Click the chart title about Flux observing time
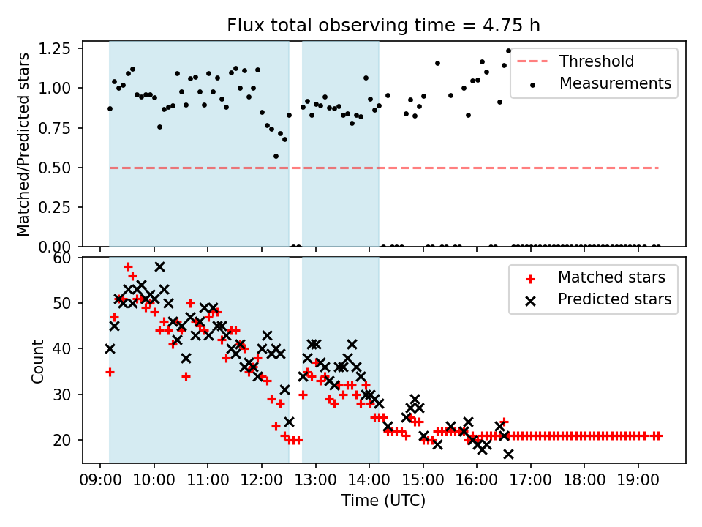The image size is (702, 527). (384, 26)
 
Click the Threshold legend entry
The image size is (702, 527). (597, 61)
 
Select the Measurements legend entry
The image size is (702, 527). (615, 83)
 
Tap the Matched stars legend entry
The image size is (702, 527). (611, 277)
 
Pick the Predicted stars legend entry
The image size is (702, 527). (614, 299)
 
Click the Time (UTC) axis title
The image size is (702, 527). (384, 501)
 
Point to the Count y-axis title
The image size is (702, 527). (37, 361)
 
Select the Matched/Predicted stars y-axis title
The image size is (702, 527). (23, 144)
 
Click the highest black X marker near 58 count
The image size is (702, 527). (159, 266)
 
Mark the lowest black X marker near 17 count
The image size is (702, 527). (508, 454)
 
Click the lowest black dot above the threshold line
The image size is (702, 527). (276, 156)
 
